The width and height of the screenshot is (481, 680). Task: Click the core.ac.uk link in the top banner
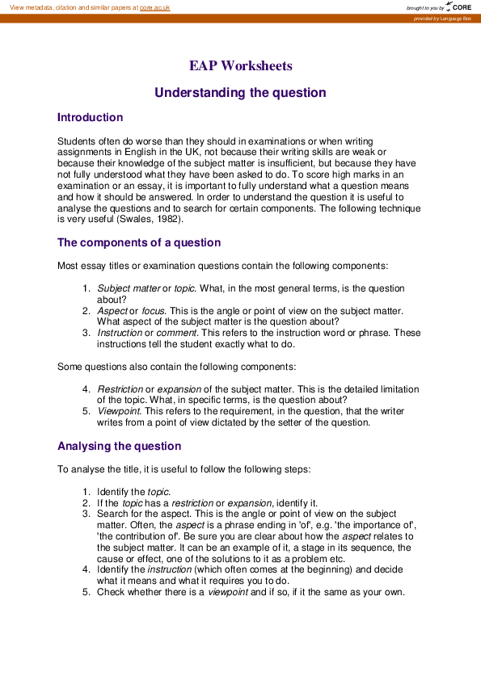[x=154, y=7]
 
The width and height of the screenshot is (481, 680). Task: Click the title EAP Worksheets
[x=240, y=66]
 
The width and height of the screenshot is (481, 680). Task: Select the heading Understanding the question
[x=240, y=93]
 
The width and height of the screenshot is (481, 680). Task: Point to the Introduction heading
[x=90, y=118]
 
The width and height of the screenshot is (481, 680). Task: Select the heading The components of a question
[x=138, y=243]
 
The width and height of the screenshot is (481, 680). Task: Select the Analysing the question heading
[x=119, y=447]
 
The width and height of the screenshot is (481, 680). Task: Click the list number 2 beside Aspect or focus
[x=86, y=311]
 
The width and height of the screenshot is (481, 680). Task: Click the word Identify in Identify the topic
[x=114, y=492]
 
